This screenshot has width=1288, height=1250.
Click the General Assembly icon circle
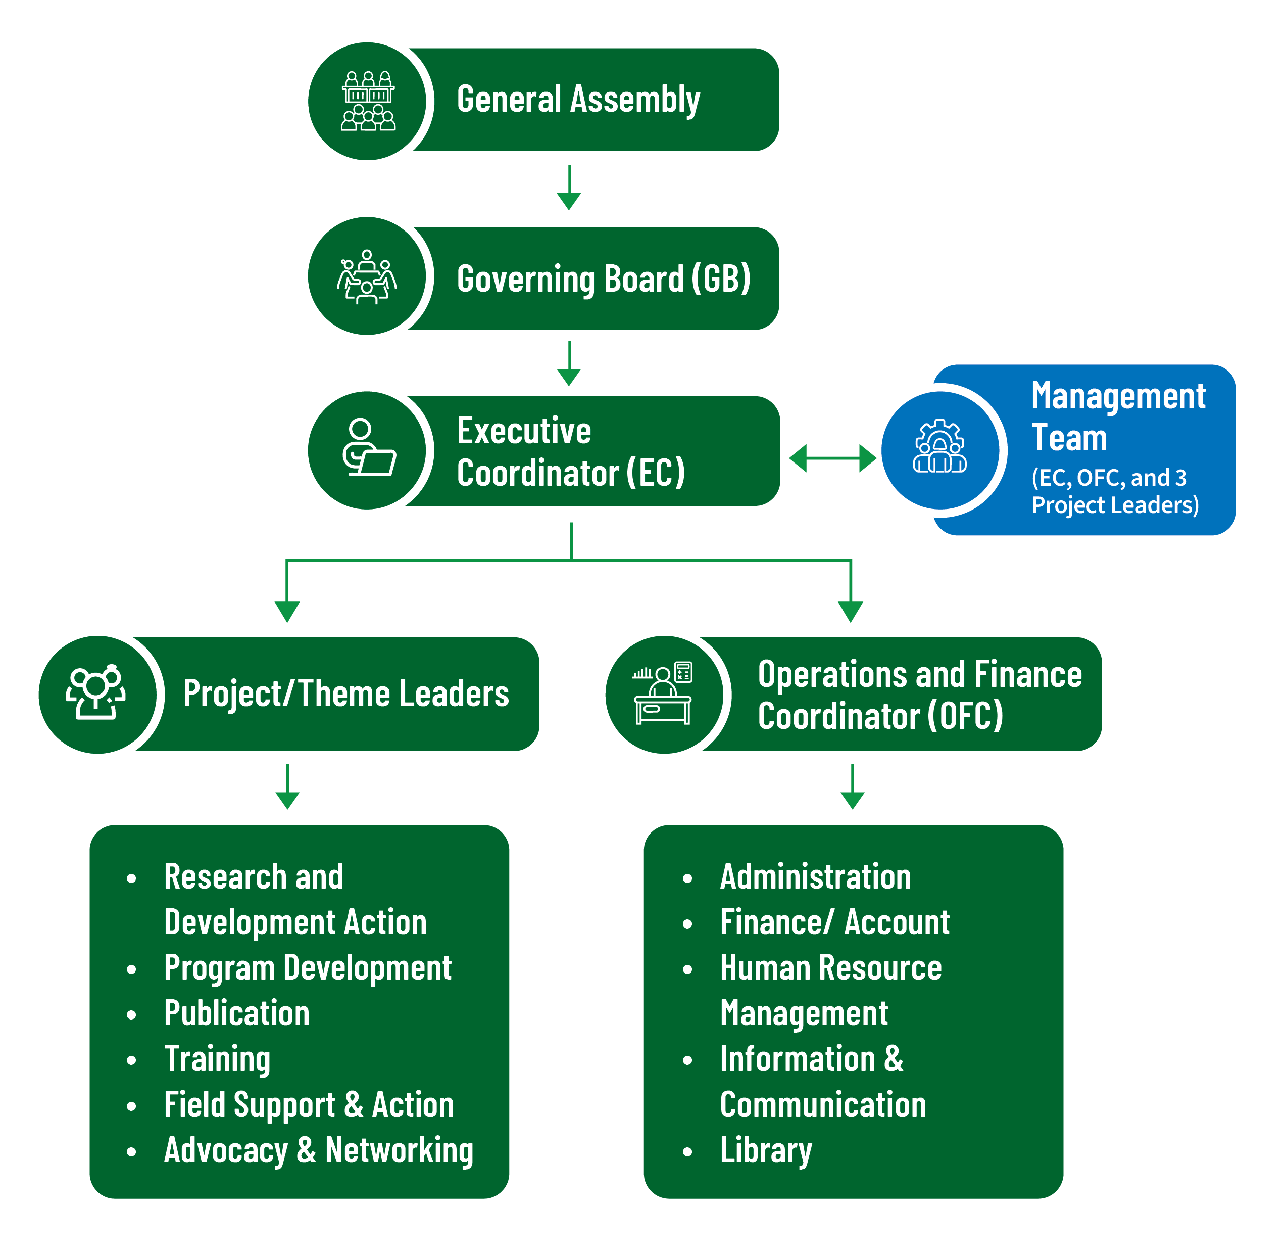367,101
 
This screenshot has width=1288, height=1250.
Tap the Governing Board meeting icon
367,277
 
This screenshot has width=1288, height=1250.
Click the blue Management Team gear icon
939,446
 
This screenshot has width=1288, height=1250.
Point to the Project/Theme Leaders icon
96,692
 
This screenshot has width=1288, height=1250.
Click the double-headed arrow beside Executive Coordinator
832,458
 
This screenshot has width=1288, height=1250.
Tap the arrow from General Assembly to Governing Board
569,188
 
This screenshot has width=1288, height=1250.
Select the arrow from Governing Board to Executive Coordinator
569,363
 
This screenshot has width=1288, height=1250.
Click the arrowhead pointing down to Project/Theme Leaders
287,612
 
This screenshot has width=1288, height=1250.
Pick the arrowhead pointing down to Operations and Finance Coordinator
851,612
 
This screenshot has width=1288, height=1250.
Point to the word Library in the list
766,1151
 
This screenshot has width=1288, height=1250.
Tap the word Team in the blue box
1069,438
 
